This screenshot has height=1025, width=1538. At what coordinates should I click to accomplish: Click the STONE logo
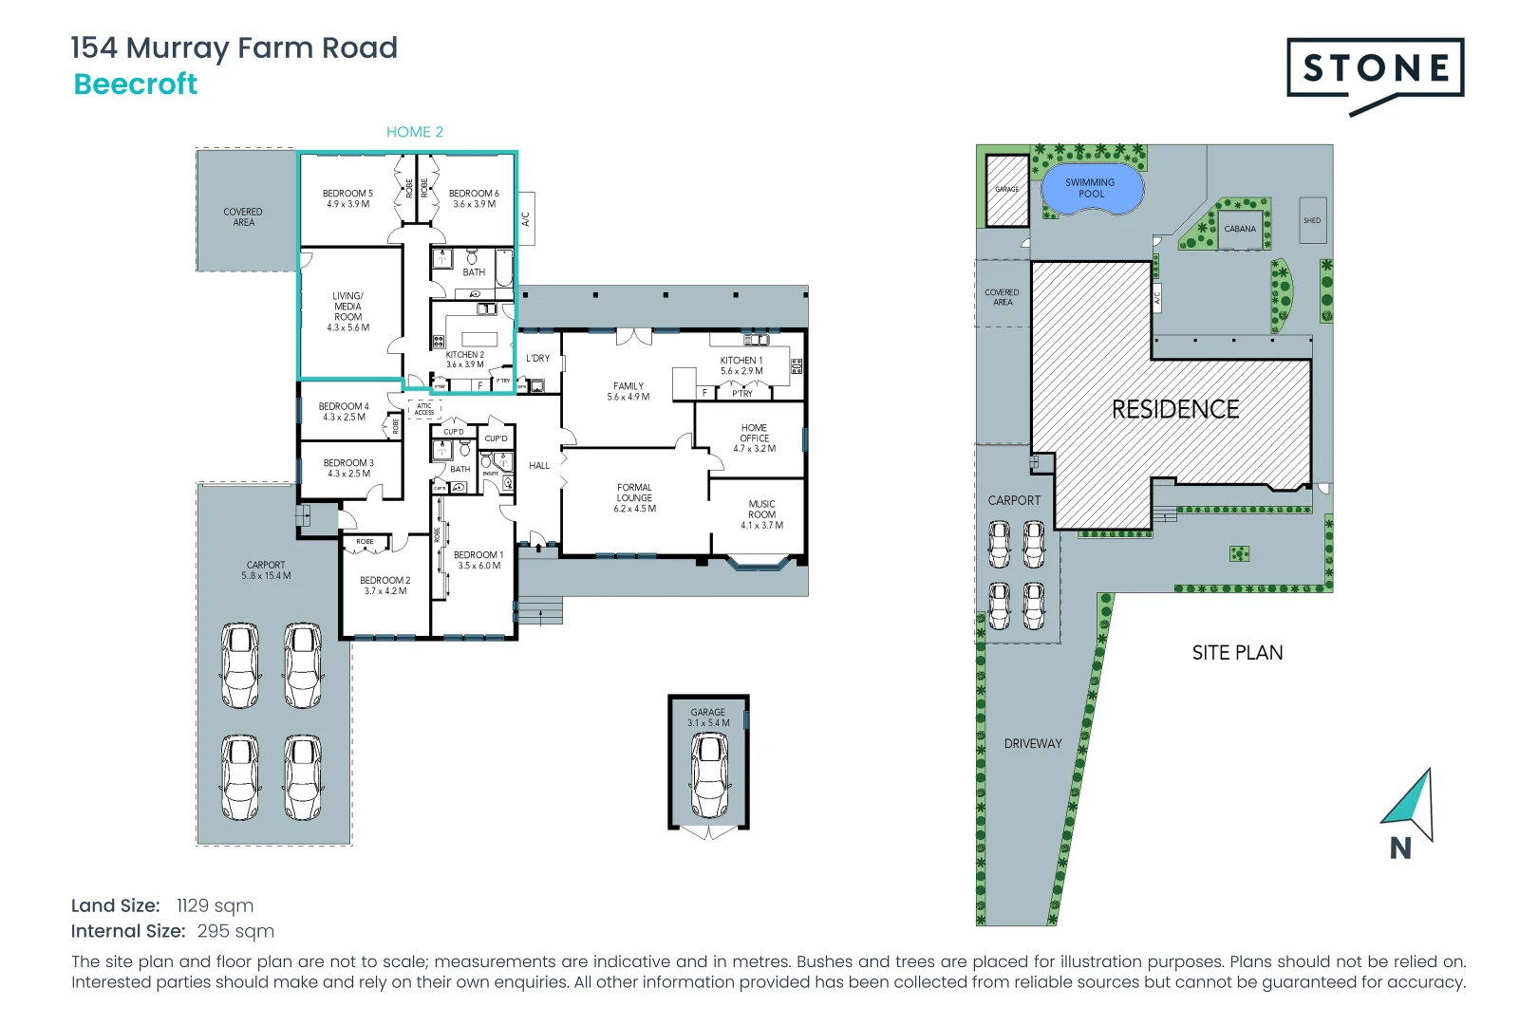[x=1375, y=69]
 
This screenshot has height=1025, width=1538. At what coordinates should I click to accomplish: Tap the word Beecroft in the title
[x=136, y=84]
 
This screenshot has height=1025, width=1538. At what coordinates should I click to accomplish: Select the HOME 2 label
[x=415, y=132]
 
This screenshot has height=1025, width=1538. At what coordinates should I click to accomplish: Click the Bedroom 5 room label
[x=347, y=198]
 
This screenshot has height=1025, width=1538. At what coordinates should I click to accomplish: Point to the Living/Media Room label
[x=347, y=311]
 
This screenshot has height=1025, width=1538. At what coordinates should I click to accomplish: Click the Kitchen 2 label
[x=465, y=359]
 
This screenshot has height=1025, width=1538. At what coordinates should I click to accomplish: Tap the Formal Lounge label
[x=634, y=497]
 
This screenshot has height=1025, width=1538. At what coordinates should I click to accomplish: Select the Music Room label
[x=761, y=514]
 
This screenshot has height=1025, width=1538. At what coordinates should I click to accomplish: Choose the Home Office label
[x=754, y=438]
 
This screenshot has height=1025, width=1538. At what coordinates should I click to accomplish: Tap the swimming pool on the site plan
[x=1091, y=189]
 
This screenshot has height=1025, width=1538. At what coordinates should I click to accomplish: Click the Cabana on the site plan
[x=1240, y=229]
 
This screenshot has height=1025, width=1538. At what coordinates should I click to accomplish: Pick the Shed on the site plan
[x=1312, y=220]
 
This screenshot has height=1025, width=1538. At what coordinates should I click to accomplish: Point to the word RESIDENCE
[x=1175, y=409]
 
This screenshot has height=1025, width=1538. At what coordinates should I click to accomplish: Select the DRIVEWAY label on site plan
[x=1033, y=744]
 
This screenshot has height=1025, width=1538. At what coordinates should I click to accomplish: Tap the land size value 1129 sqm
[x=215, y=905]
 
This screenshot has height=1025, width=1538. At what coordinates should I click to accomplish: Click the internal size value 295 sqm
[x=235, y=931]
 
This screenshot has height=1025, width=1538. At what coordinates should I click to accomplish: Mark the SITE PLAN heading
[x=1237, y=653]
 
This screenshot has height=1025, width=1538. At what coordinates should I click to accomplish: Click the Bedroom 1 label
[x=478, y=560]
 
